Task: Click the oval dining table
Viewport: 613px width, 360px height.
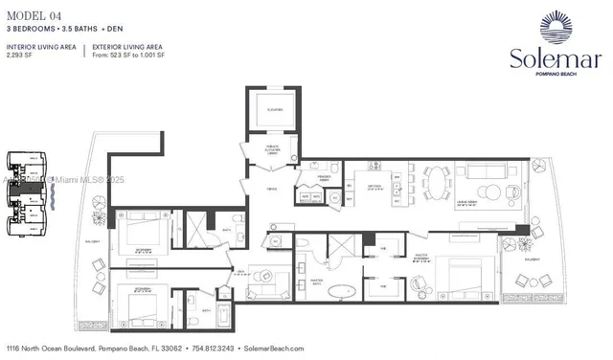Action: pos(437,181)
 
